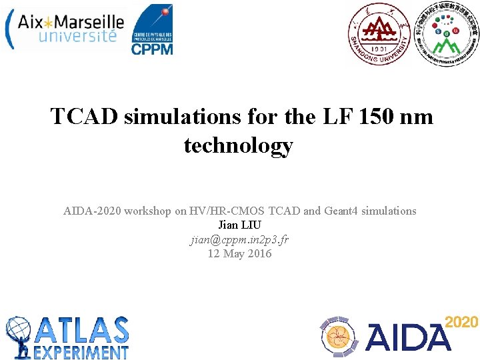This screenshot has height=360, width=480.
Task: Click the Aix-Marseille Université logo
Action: point(65,27)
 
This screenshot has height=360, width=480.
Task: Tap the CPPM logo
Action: point(151,29)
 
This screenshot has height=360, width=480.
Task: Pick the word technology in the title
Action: point(238,145)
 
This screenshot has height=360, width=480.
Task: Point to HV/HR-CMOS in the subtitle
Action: point(220,211)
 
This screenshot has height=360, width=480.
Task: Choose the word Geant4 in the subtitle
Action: point(341,211)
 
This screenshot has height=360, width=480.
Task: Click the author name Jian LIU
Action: point(239,225)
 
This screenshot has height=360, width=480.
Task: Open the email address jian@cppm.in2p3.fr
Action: point(239,239)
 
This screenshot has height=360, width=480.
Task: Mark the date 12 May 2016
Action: point(239,253)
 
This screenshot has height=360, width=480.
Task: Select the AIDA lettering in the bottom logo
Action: point(407,337)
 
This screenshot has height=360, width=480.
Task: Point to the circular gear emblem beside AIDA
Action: point(341,337)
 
